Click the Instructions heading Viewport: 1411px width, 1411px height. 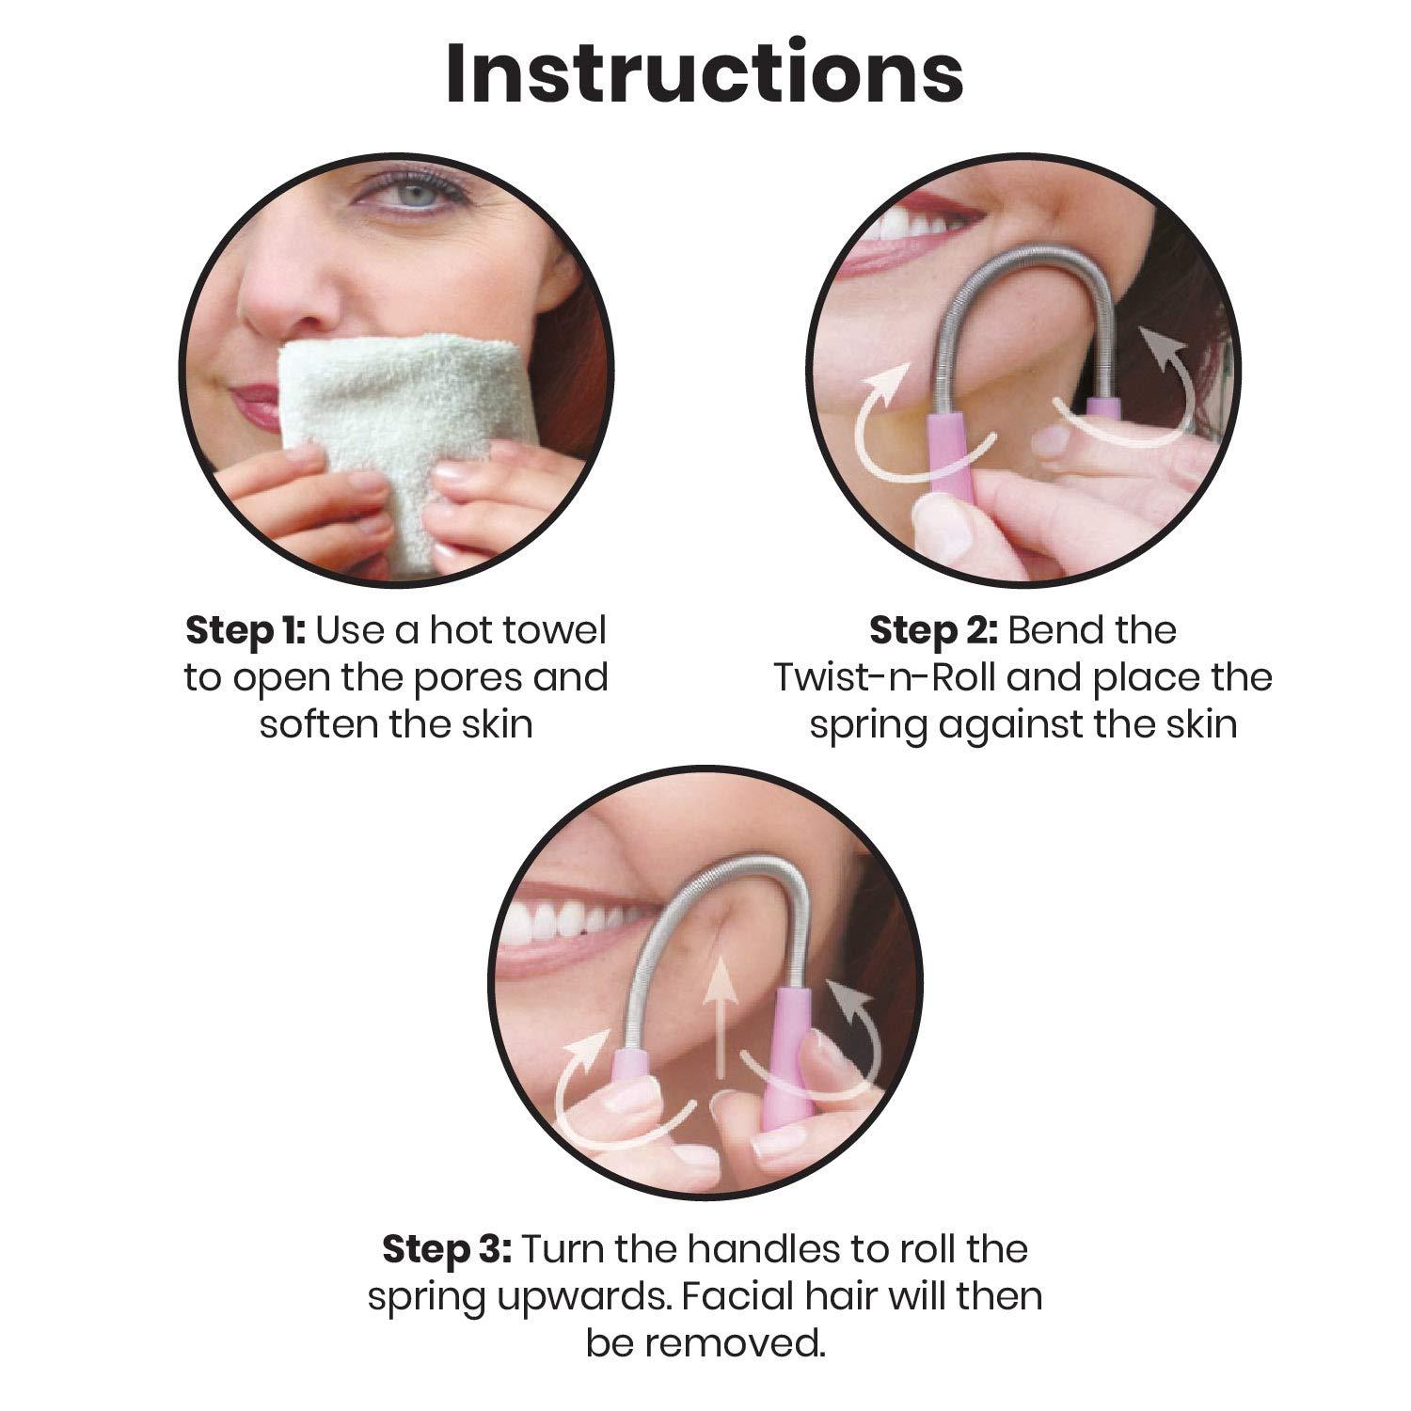pos(705,72)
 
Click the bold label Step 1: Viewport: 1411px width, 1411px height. pos(246,630)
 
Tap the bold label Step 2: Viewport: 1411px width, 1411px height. pos(933,630)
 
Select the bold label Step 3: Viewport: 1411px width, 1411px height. pos(447,1249)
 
